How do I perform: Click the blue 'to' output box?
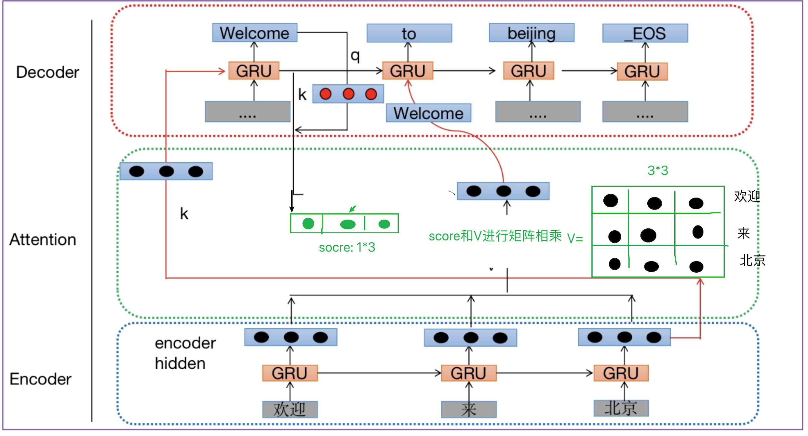point(409,33)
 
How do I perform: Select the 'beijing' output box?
point(532,33)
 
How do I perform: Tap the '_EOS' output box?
point(645,33)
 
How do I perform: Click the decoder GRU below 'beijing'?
point(529,71)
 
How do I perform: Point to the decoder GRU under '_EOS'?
point(642,72)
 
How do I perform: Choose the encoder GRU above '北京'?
point(621,373)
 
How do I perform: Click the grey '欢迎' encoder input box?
point(290,409)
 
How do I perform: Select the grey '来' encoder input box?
point(469,409)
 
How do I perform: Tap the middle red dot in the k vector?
point(348,94)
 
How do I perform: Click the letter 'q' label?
point(355,55)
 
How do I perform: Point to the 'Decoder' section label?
point(47,72)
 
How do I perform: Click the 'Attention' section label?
point(43,240)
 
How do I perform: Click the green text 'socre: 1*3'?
point(347,248)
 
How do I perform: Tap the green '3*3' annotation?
point(658,170)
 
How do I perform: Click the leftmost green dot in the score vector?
point(308,224)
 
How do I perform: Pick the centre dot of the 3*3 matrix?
point(648,235)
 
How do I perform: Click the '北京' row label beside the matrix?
point(753,260)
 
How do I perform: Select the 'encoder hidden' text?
point(185,354)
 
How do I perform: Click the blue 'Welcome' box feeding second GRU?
point(428,113)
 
